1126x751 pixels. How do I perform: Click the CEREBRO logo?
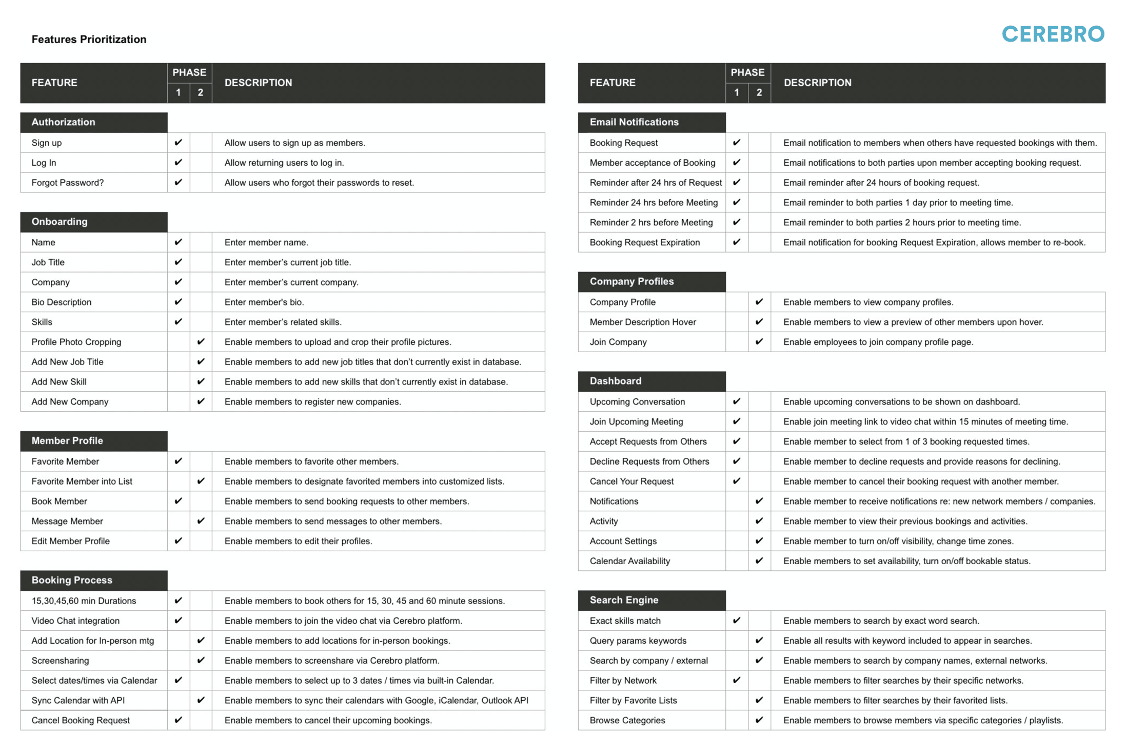[1053, 34]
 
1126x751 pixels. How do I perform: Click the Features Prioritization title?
[89, 40]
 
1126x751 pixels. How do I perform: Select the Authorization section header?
[63, 122]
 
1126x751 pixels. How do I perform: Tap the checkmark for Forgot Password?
[178, 182]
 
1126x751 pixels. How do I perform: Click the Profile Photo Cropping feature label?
[76, 342]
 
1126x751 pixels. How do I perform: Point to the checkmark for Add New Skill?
[201, 381]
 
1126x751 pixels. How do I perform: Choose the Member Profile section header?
[67, 441]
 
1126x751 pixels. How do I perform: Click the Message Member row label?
[67, 521]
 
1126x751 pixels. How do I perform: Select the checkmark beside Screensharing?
[201, 660]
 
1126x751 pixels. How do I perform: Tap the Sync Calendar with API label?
[78, 700]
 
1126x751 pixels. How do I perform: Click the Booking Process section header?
[72, 580]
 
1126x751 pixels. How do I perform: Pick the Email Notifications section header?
[634, 122]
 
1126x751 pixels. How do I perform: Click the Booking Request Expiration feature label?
[644, 242]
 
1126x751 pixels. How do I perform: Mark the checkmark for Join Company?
[759, 342]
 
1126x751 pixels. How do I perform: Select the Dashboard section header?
[616, 381]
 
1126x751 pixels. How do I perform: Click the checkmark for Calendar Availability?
[759, 561]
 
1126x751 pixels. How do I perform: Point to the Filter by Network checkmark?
[736, 680]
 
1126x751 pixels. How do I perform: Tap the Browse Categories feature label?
[627, 720]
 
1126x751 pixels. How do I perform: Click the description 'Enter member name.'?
[266, 242]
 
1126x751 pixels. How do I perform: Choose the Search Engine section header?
[624, 600]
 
